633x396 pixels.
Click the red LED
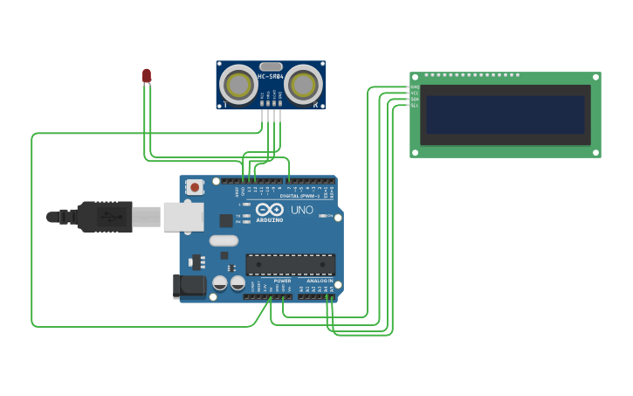click(x=147, y=76)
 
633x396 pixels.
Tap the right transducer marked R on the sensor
click(x=302, y=85)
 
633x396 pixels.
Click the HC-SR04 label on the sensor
click(x=270, y=77)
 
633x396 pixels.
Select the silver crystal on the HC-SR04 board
click(x=271, y=66)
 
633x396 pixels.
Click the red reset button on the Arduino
click(x=194, y=186)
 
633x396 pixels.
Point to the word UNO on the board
click(x=301, y=211)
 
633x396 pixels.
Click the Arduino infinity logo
click(x=270, y=210)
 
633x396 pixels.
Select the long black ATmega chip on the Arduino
click(x=290, y=264)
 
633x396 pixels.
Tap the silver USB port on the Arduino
click(x=182, y=216)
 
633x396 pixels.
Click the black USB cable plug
click(x=105, y=216)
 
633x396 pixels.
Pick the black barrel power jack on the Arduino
click(x=190, y=286)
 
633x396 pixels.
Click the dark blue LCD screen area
click(x=503, y=115)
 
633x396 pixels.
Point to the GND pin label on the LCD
click(x=415, y=87)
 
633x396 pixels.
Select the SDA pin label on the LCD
click(x=415, y=99)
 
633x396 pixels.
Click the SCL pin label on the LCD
click(x=415, y=105)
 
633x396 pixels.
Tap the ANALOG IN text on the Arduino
click(x=319, y=281)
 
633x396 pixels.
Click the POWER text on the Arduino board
click(x=281, y=281)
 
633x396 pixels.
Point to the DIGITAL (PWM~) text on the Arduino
click(x=300, y=196)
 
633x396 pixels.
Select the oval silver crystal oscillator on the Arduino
click(x=224, y=240)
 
